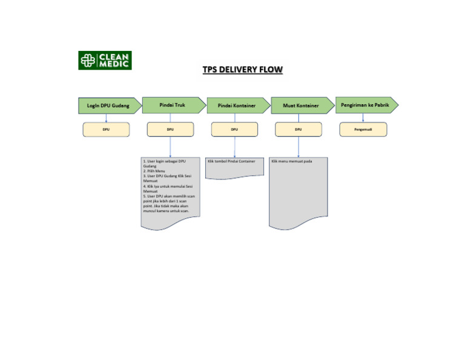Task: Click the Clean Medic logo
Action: tap(105, 60)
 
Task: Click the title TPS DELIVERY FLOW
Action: tap(242, 70)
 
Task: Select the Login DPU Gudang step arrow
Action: tap(108, 105)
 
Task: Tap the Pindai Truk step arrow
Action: tap(173, 105)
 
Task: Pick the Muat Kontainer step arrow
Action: tap(301, 105)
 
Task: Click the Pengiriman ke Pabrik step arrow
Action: tap(365, 105)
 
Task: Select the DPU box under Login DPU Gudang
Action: tap(106, 129)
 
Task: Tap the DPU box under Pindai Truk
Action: tap(170, 129)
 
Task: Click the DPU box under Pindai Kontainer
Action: tap(234, 129)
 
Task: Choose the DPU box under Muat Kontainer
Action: tap(298, 129)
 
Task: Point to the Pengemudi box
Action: tap(363, 129)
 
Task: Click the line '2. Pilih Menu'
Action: tap(150, 172)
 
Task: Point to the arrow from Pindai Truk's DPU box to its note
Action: tap(170, 147)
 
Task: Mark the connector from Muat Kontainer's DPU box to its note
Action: tap(298, 147)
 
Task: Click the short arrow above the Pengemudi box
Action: tap(363, 118)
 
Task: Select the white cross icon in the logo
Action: tap(88, 61)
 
